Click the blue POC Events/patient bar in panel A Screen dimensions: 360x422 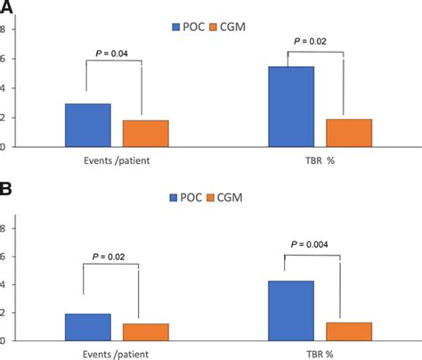point(87,125)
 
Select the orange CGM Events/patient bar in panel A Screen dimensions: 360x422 point(145,133)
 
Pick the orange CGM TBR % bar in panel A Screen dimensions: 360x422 point(349,132)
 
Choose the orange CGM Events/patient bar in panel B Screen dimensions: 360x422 point(145,331)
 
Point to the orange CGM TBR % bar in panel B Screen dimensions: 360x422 point(349,331)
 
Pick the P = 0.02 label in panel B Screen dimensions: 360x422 point(111,258)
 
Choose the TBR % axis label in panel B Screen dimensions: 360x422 point(320,354)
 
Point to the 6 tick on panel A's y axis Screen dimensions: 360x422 point(3,59)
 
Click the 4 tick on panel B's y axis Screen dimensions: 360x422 point(3,284)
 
